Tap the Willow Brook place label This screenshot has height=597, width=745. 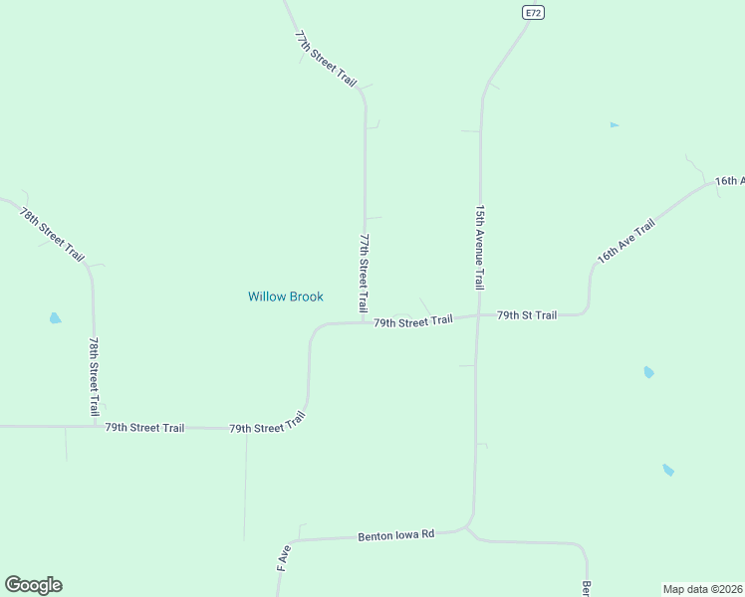pyautogui.click(x=285, y=297)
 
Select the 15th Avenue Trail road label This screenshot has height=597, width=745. pyautogui.click(x=480, y=247)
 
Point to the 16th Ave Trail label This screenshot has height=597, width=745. pyautogui.click(x=625, y=241)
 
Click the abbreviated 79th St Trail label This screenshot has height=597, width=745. pyautogui.click(x=527, y=315)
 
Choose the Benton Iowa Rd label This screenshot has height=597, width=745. pyautogui.click(x=396, y=535)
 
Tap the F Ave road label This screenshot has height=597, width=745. pyautogui.click(x=283, y=556)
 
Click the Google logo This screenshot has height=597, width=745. pyautogui.click(x=33, y=585)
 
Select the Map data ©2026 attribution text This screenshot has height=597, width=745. pyautogui.click(x=702, y=588)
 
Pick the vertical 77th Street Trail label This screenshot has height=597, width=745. pyautogui.click(x=365, y=274)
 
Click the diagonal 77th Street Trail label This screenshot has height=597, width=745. pyautogui.click(x=326, y=58)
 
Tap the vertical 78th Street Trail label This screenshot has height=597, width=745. pyautogui.click(x=94, y=375)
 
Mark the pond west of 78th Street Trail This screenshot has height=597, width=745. pyautogui.click(x=55, y=318)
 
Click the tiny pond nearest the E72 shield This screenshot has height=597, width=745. pyautogui.click(x=615, y=125)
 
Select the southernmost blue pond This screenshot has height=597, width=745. pyautogui.click(x=667, y=470)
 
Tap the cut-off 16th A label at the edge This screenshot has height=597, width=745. pyautogui.click(x=729, y=181)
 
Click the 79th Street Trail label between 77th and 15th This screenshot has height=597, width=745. pyautogui.click(x=413, y=320)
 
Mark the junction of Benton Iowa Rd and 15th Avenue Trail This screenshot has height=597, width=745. pyautogui.click(x=468, y=525)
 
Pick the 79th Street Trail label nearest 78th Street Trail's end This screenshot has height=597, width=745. pyautogui.click(x=144, y=428)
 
